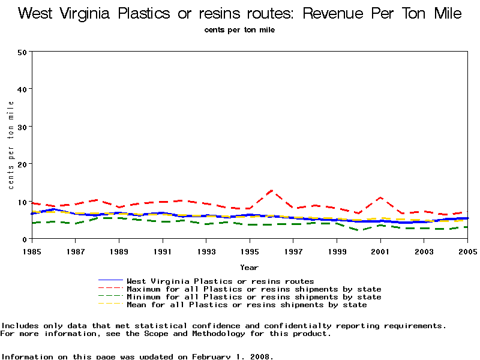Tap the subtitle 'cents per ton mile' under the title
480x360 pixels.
[239, 30]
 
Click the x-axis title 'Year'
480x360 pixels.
[249, 268]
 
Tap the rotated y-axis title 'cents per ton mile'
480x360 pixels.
[11, 145]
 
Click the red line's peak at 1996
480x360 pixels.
[272, 190]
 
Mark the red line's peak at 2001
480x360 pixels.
[380, 197]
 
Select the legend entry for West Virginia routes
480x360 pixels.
[220, 281]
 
